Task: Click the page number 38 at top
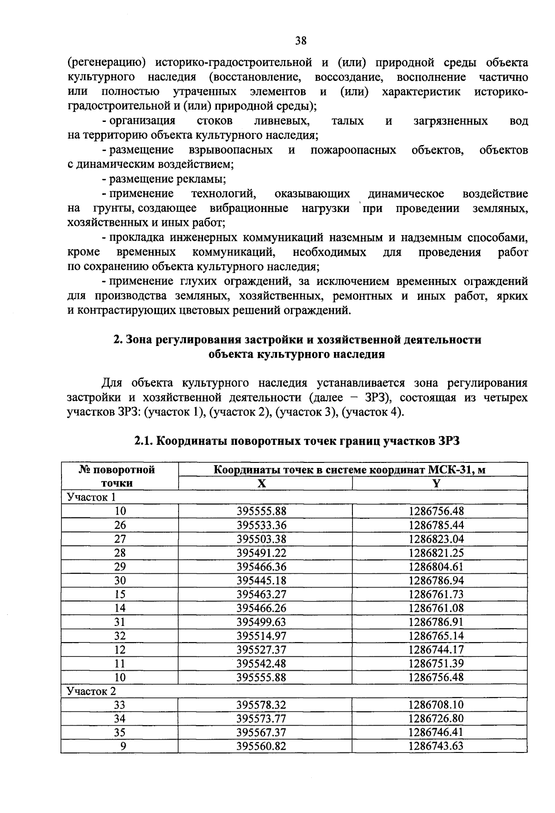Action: pyautogui.click(x=301, y=41)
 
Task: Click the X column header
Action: pyautogui.click(x=262, y=483)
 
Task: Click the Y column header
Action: pyautogui.click(x=436, y=483)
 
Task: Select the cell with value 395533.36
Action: pyautogui.click(x=262, y=525)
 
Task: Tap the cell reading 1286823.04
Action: pyautogui.click(x=436, y=539)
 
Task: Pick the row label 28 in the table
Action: pyautogui.click(x=120, y=553)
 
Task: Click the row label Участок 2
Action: pyautogui.click(x=92, y=691)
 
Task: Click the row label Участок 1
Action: pyautogui.click(x=91, y=497)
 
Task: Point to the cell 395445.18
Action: pyautogui.click(x=262, y=581)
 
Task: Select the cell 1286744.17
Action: pyautogui.click(x=436, y=650)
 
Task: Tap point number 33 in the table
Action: pyautogui.click(x=120, y=705)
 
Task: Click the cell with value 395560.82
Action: pyautogui.click(x=262, y=746)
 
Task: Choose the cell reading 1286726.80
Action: pyautogui.click(x=436, y=719)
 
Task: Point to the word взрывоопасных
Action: pyautogui.click(x=231, y=150)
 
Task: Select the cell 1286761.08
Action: pyautogui.click(x=436, y=608)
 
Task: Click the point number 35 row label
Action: pyautogui.click(x=120, y=733)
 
